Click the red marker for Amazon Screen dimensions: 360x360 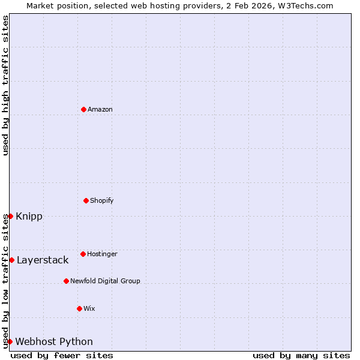point(83,109)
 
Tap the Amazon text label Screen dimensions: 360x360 point(100,109)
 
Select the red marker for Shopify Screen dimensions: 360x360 point(86,200)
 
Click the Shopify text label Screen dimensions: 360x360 point(101,200)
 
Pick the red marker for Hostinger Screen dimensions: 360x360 point(83,254)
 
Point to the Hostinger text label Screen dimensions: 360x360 point(102,254)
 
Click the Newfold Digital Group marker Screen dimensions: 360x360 point(66,281)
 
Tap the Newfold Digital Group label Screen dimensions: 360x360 point(105,281)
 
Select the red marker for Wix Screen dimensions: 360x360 point(79,308)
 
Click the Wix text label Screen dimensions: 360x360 point(89,308)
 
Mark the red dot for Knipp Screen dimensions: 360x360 point(10,216)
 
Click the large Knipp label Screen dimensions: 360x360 point(29,217)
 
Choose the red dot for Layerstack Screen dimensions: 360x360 point(11,260)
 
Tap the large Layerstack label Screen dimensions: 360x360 point(43,260)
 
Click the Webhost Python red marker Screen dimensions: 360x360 point(10,341)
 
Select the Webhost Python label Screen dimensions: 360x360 point(54,342)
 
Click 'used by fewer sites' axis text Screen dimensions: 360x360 point(62,355)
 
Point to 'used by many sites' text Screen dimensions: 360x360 point(301,355)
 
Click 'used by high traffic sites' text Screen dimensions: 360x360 point(5,85)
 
